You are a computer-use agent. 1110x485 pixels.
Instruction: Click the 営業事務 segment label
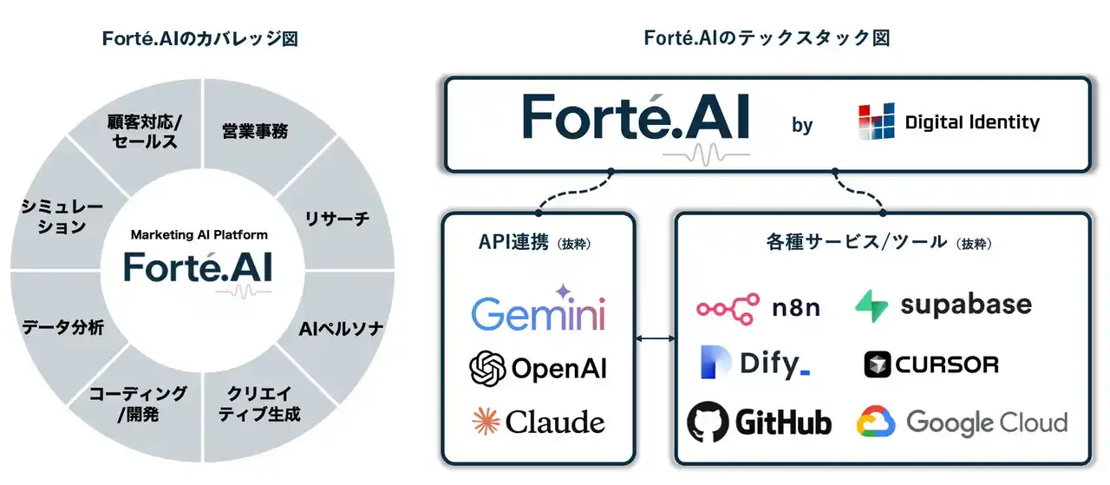tap(255, 132)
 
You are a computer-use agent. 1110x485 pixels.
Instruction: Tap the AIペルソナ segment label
tap(341, 329)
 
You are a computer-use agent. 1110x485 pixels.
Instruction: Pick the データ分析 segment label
tap(62, 327)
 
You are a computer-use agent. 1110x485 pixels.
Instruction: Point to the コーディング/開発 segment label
tap(138, 404)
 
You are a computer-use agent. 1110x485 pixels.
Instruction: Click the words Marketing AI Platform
tap(199, 234)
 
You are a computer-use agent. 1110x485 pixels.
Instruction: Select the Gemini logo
tap(539, 310)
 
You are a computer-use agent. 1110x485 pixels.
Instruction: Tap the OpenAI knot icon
tap(487, 368)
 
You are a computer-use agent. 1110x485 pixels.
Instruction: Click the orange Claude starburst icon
tap(486, 422)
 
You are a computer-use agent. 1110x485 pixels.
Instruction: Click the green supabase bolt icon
tap(871, 305)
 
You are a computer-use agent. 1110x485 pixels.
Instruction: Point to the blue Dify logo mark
tap(716, 364)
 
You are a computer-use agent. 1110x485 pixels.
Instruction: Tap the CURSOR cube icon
tap(878, 364)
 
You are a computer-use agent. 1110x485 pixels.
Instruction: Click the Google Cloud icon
tap(876, 423)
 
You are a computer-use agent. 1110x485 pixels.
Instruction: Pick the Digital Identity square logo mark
tap(876, 122)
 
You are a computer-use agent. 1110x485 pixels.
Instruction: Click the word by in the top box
tap(802, 125)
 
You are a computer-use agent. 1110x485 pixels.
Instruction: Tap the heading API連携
tap(513, 243)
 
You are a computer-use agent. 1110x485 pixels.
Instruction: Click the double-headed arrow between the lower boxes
tap(656, 338)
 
